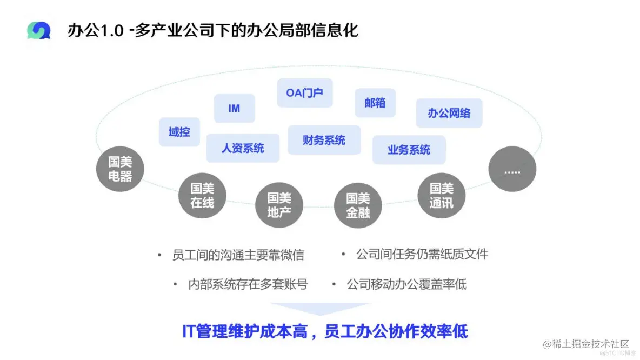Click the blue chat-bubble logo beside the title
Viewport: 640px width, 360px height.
[x=38, y=30]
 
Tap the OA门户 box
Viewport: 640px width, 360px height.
[x=304, y=93]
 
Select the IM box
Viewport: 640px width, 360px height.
[x=234, y=109]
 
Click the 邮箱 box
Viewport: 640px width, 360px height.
[x=375, y=103]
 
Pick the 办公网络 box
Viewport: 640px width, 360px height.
[x=449, y=113]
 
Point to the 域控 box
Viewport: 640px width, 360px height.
[x=179, y=131]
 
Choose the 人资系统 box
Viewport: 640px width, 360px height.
[x=243, y=148]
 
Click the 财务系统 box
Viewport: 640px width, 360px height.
[x=324, y=140]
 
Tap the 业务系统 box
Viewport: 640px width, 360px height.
[x=409, y=150]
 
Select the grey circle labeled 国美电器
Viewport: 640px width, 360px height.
[x=120, y=169]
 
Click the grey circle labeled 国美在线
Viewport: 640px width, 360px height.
[x=202, y=196]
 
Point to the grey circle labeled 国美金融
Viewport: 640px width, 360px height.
[x=358, y=205]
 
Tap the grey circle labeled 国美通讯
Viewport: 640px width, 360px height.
[x=441, y=196]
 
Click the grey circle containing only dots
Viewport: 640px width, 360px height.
[x=512, y=169]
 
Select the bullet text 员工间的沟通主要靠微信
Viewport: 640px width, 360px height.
[x=238, y=255]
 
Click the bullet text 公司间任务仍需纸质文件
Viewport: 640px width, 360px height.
[x=422, y=254]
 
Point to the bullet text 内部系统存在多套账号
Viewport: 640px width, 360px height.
[x=248, y=284]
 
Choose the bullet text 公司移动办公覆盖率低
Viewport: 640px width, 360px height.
[x=406, y=284]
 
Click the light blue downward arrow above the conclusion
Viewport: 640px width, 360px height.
[x=319, y=309]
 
